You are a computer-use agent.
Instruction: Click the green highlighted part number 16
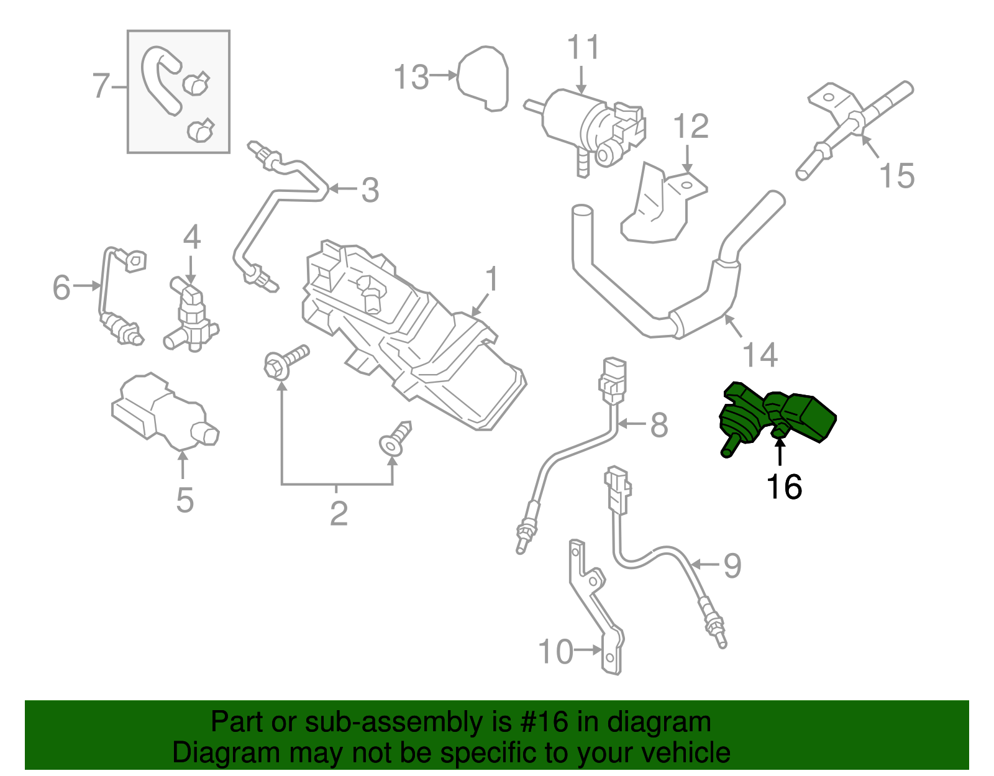(777, 416)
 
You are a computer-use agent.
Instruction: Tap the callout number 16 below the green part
(784, 487)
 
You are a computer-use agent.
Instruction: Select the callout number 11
(583, 48)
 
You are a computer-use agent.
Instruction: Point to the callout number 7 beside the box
(101, 86)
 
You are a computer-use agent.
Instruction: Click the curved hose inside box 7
(160, 80)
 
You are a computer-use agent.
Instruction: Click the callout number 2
(338, 513)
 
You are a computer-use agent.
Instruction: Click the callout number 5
(185, 500)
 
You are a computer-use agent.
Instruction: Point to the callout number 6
(62, 288)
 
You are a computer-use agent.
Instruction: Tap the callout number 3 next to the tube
(370, 190)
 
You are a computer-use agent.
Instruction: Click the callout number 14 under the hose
(760, 355)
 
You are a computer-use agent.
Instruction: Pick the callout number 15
(896, 176)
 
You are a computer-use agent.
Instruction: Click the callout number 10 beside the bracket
(555, 652)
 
